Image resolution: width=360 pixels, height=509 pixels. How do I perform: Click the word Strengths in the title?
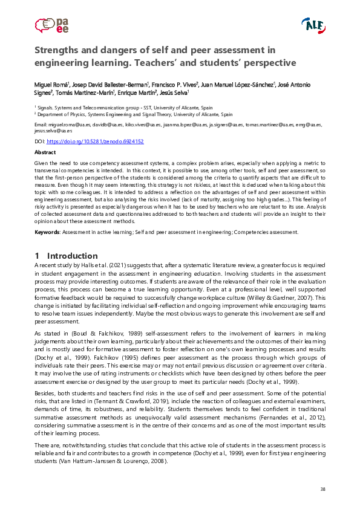click(57, 50)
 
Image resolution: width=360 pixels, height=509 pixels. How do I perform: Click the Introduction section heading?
click(72, 256)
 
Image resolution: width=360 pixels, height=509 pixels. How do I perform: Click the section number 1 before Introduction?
click(37, 256)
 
